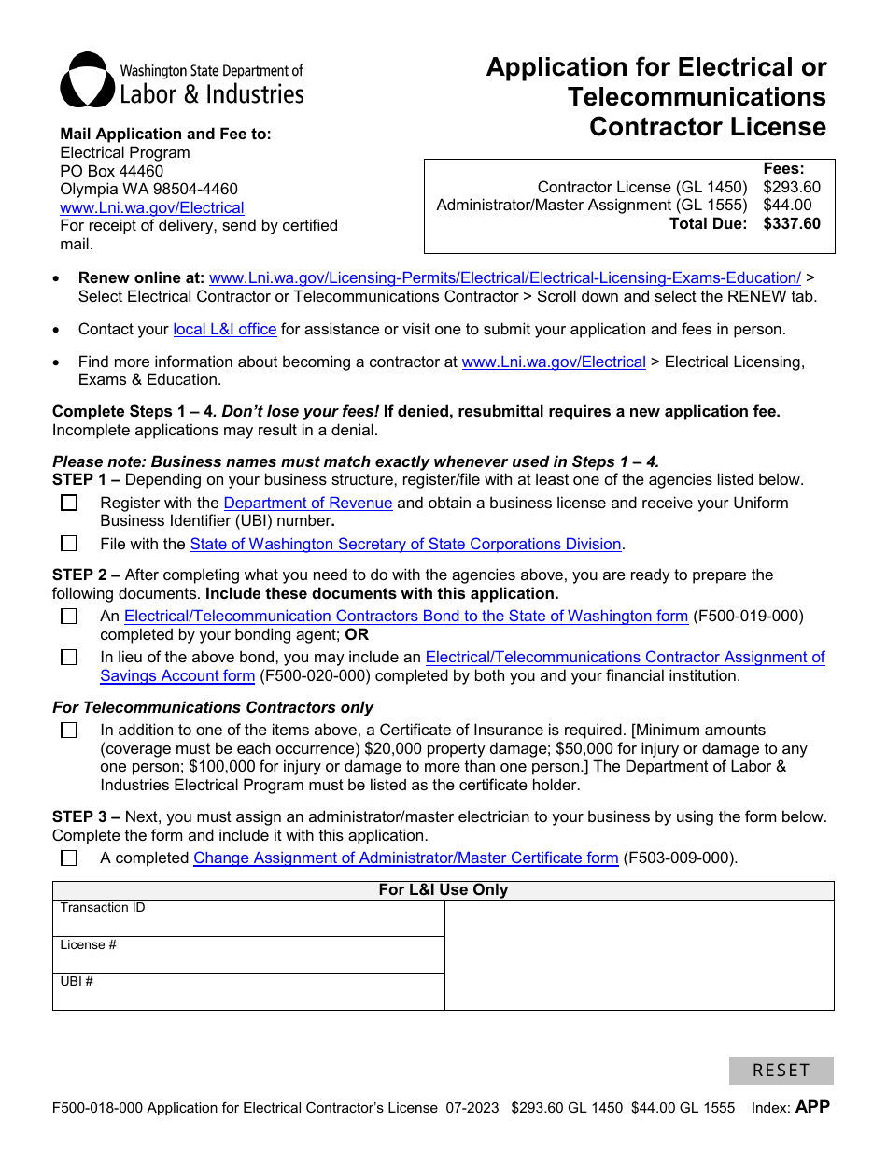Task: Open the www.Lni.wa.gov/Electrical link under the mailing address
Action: (x=152, y=208)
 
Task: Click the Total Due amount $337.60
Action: (x=792, y=223)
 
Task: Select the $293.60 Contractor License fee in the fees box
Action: (x=792, y=187)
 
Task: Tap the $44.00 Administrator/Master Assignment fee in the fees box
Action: (x=787, y=205)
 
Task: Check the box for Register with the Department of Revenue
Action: (x=69, y=504)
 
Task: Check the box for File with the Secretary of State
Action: (x=69, y=544)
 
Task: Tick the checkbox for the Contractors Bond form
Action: (x=69, y=617)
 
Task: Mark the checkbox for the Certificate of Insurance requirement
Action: (x=69, y=731)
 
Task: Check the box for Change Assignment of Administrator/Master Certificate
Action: (x=69, y=858)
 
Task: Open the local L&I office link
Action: (x=225, y=330)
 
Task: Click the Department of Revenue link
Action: (x=308, y=504)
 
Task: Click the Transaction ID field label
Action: (x=103, y=908)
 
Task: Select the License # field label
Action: (x=89, y=945)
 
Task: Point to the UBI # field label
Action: (x=77, y=982)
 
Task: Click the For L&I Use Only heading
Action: (x=443, y=890)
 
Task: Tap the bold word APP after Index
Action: (x=812, y=1107)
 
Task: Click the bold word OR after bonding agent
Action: (x=357, y=634)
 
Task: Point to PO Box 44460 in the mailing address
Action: (x=112, y=171)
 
